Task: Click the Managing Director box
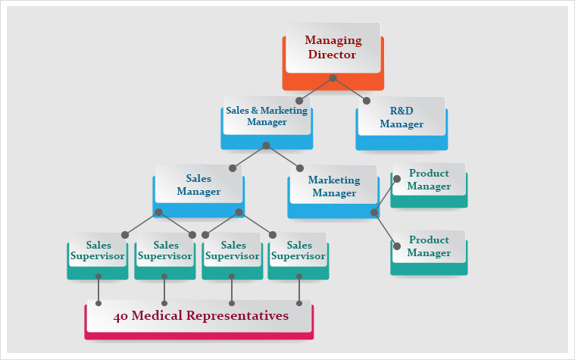point(333,47)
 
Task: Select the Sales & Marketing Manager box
point(267,115)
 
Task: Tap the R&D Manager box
point(401,117)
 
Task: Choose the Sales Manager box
point(198,185)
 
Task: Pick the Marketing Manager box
point(333,186)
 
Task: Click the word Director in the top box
point(333,55)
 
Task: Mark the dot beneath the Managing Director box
point(333,78)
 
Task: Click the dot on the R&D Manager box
point(367,101)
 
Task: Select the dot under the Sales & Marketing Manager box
point(266,146)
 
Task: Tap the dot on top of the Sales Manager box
point(233,168)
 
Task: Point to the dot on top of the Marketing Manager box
point(300,168)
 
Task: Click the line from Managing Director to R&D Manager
point(350,89)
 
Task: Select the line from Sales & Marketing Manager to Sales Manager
point(249,157)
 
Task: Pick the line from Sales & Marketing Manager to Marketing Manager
point(283,157)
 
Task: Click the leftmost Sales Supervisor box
point(98,255)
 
